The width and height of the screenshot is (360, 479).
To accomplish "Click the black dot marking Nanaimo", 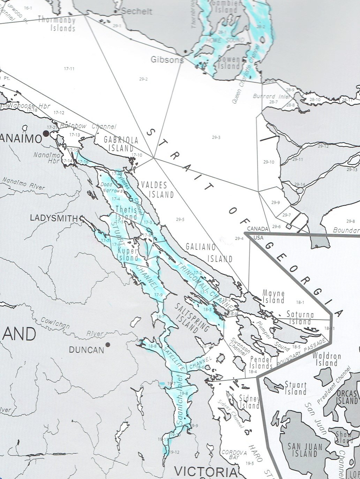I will point(45,133).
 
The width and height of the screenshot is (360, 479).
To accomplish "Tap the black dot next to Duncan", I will point(108,345).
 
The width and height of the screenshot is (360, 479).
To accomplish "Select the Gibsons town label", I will point(167,60).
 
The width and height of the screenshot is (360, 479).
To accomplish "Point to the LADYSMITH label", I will point(54,218).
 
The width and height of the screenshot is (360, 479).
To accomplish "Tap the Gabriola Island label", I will point(121,144).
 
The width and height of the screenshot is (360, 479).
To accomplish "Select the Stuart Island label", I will point(295,388).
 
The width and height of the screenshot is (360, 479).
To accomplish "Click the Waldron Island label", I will point(324,360).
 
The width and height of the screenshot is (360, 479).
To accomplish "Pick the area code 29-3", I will point(216,137).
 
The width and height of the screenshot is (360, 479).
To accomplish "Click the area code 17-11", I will point(69,69).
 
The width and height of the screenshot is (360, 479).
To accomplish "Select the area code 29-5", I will point(180,220).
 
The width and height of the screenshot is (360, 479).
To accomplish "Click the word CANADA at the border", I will point(258,229).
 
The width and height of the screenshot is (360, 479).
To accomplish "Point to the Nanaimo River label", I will point(24,183).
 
